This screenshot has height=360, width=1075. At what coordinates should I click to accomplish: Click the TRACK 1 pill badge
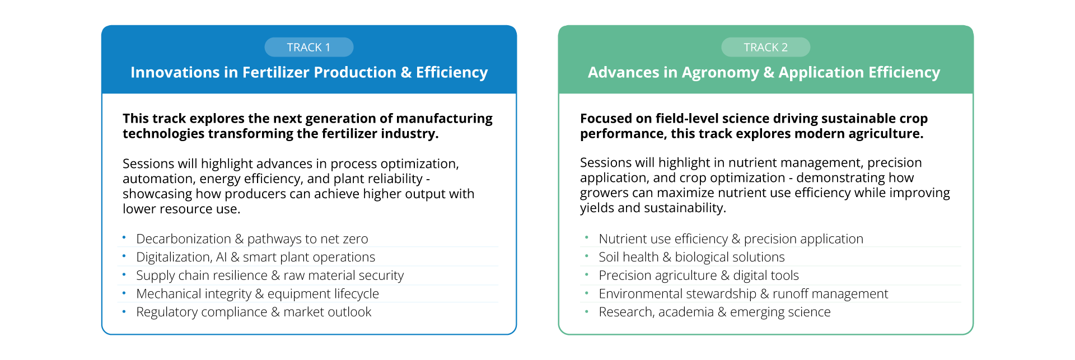pyautogui.click(x=309, y=47)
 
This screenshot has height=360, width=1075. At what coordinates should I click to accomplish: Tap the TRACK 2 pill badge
pyautogui.click(x=765, y=47)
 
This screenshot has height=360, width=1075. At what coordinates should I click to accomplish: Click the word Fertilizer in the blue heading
pyautogui.click(x=275, y=72)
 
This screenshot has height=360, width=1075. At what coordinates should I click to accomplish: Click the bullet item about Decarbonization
pyautogui.click(x=252, y=239)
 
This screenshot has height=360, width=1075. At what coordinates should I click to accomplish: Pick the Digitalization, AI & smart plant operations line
pyautogui.click(x=255, y=257)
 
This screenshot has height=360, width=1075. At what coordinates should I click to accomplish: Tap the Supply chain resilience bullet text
pyautogui.click(x=270, y=275)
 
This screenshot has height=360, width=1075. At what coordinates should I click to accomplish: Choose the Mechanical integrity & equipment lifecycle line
pyautogui.click(x=258, y=294)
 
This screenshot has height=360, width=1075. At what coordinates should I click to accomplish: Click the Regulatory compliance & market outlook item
pyautogui.click(x=254, y=312)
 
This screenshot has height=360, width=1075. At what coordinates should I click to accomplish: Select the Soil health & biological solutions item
pyautogui.click(x=691, y=257)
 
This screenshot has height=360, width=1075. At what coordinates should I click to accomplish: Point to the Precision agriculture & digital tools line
pyautogui.click(x=699, y=275)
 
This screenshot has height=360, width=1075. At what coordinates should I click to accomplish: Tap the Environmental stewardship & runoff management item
pyautogui.click(x=744, y=294)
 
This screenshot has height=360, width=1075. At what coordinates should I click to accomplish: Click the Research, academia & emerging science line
pyautogui.click(x=714, y=312)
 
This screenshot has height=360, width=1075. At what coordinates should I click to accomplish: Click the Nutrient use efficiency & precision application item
pyautogui.click(x=731, y=239)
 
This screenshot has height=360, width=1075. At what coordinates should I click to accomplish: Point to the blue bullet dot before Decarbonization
pyautogui.click(x=124, y=237)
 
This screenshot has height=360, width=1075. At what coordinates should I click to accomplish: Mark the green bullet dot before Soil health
pyautogui.click(x=586, y=256)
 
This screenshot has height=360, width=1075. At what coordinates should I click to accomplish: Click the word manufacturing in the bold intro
pyautogui.click(x=444, y=119)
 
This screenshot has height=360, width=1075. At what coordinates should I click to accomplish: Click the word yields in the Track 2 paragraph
pyautogui.click(x=597, y=208)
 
